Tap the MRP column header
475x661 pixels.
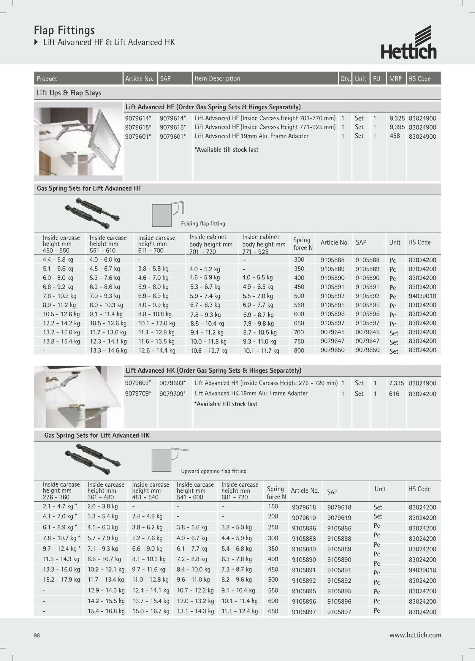click(x=395, y=79)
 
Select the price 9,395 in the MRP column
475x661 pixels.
click(x=397, y=127)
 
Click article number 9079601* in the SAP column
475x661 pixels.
click(x=173, y=136)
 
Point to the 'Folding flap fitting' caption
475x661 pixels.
click(x=203, y=224)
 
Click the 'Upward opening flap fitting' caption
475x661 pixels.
click(x=214, y=471)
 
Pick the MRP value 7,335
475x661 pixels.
click(x=396, y=383)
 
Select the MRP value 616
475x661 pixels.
click(x=394, y=394)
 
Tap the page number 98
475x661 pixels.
click(x=37, y=635)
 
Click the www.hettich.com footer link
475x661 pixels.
click(x=415, y=635)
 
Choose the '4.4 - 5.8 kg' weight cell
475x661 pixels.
click(x=58, y=260)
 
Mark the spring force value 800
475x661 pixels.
click(x=299, y=350)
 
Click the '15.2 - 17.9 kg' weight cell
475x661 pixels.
click(x=61, y=579)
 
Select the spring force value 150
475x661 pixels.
click(x=273, y=506)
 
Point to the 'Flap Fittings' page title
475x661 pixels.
click(x=64, y=30)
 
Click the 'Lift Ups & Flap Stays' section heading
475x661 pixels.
click(x=69, y=93)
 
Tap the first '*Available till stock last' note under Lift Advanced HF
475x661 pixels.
click(x=226, y=150)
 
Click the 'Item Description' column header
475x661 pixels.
click(x=217, y=78)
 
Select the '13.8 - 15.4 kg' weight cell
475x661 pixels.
click(x=61, y=341)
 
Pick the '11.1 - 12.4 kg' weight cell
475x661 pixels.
click(x=240, y=611)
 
